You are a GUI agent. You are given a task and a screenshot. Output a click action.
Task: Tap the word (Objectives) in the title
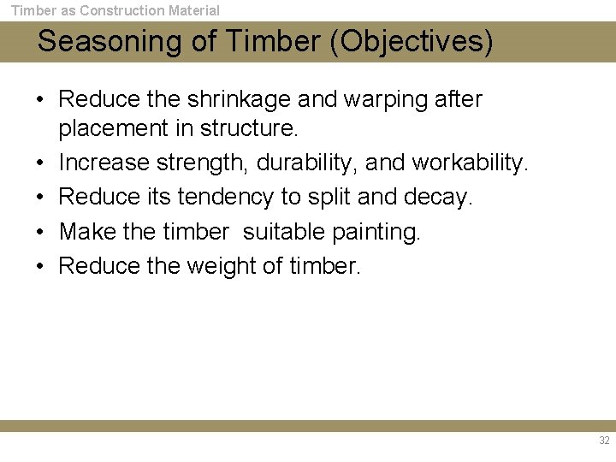[416, 42]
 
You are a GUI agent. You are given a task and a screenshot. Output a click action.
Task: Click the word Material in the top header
[192, 11]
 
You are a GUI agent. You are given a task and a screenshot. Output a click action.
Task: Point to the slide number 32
[604, 441]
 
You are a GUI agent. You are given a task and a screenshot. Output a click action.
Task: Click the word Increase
[104, 163]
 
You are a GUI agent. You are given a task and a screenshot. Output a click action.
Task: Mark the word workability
[471, 163]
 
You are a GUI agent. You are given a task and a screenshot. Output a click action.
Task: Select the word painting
[376, 232]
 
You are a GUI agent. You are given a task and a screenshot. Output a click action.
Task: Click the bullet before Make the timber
[40, 232]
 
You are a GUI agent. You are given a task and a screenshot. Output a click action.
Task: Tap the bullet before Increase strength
[40, 163]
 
